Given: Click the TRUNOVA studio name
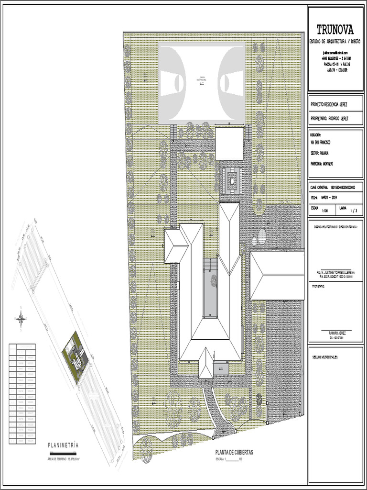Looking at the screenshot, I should point(335,30).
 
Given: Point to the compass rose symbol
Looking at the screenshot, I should point(21,318).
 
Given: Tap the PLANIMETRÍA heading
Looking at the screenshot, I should point(63,445).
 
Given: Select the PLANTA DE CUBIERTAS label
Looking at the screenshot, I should point(234,452).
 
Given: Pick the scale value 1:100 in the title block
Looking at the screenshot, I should point(325,211).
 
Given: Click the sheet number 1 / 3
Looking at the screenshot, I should point(354,211).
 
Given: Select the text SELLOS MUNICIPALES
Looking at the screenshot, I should point(325,357).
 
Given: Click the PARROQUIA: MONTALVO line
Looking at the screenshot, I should point(322,164).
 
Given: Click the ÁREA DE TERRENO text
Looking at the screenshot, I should point(63,459).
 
